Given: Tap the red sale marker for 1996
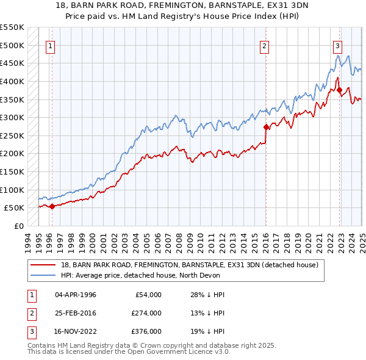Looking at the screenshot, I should tap(52, 206).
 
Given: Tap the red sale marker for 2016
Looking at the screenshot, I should tap(266, 127).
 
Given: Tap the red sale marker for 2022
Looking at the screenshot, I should tap(339, 90).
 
